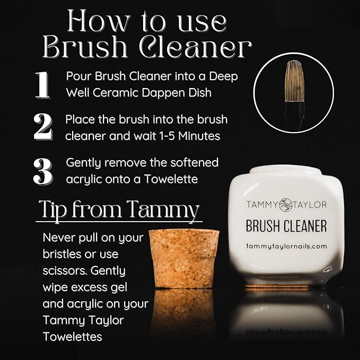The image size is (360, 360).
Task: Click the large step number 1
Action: point(42,84)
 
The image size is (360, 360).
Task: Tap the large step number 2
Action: point(42,126)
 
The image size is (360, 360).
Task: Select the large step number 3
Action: point(42,170)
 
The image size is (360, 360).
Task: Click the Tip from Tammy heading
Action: point(119,209)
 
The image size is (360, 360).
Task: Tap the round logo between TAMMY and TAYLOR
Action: point(286,204)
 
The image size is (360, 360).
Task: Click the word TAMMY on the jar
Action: point(261,204)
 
